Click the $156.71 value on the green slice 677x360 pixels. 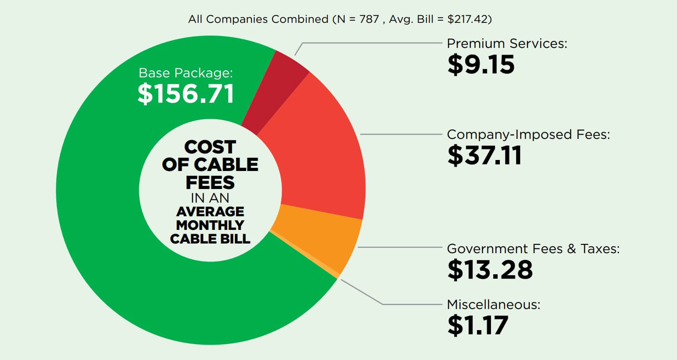coord(186,94)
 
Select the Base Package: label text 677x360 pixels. coord(186,73)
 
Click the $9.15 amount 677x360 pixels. coord(481,65)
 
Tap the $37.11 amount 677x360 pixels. coord(484,155)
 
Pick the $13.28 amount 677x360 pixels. coord(490,269)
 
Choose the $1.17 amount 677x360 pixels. coord(477,325)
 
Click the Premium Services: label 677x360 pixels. coord(507,44)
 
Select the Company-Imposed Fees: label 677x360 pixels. coord(528,134)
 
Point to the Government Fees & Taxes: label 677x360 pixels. coord(533,249)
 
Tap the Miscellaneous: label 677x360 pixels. coord(493,304)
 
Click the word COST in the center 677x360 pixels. coord(210,147)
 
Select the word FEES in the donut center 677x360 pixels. coord(210,182)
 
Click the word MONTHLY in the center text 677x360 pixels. coord(210,225)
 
